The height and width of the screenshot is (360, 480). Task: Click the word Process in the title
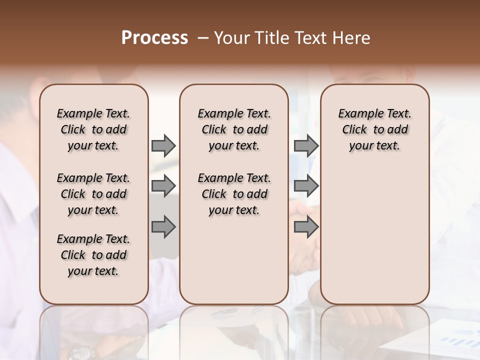coord(154,38)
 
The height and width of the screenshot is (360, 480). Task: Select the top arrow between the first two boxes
coord(163,145)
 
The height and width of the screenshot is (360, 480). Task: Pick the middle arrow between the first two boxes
coord(163,186)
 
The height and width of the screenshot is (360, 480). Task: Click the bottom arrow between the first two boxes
coord(163,227)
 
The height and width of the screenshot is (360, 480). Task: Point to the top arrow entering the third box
coord(306,145)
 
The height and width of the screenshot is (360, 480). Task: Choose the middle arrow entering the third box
coord(306,186)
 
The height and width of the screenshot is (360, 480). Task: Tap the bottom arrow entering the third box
coord(306,227)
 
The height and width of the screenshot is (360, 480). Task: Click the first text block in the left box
coord(93,129)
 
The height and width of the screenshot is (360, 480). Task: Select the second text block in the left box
coord(93,194)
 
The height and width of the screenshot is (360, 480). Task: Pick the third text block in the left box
coord(93,255)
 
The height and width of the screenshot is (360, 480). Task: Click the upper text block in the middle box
coord(234,129)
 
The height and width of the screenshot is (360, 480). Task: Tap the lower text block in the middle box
coord(234,194)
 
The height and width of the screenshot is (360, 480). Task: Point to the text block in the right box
coord(375,129)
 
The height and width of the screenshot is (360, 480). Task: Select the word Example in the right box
coord(356,113)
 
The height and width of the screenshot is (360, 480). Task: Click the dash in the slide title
coord(203,38)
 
